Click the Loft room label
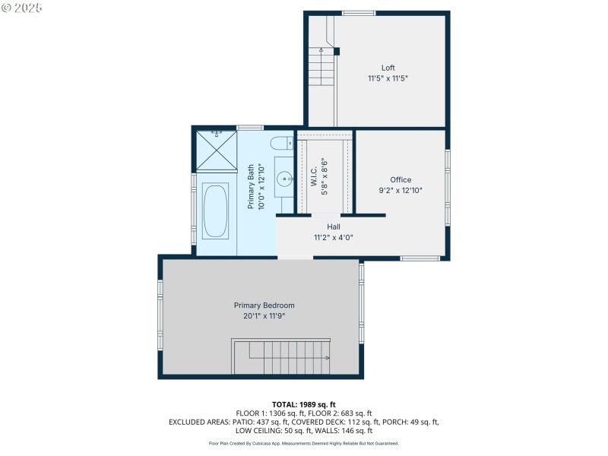click(388, 68)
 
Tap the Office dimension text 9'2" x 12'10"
click(400, 191)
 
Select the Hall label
click(333, 226)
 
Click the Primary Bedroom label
click(264, 306)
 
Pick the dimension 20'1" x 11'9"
click(264, 316)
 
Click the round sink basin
click(284, 179)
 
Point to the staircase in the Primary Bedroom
click(283, 357)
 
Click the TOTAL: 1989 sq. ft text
click(303, 404)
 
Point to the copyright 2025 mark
click(22, 8)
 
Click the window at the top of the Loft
click(358, 13)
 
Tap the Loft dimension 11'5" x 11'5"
click(388, 78)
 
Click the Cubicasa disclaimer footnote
click(303, 443)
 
